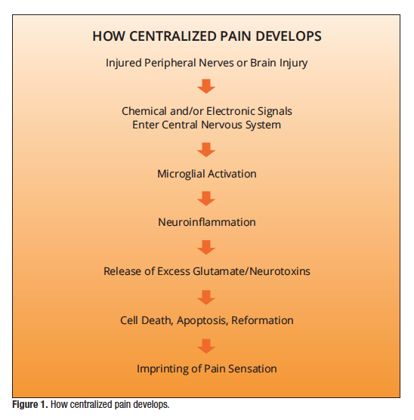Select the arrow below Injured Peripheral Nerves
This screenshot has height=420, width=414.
207,86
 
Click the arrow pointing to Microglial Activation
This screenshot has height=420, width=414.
207,150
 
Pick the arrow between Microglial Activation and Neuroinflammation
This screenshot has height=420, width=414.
207,198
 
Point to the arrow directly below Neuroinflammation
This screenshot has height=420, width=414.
207,246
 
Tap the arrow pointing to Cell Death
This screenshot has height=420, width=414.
207,295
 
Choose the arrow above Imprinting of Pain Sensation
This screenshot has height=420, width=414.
207,344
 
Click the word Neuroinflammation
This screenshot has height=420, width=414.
207,222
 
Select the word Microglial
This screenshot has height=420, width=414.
181,174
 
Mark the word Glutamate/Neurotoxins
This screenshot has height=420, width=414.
259,270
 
